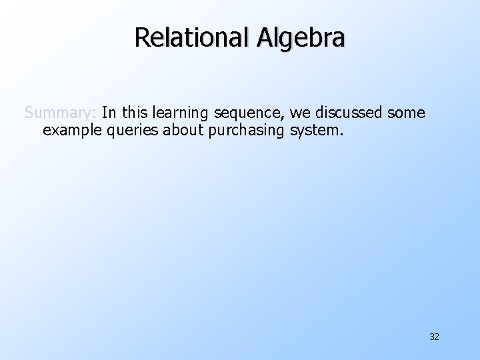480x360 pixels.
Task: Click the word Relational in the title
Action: (x=189, y=38)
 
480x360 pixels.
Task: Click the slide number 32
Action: (x=434, y=337)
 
